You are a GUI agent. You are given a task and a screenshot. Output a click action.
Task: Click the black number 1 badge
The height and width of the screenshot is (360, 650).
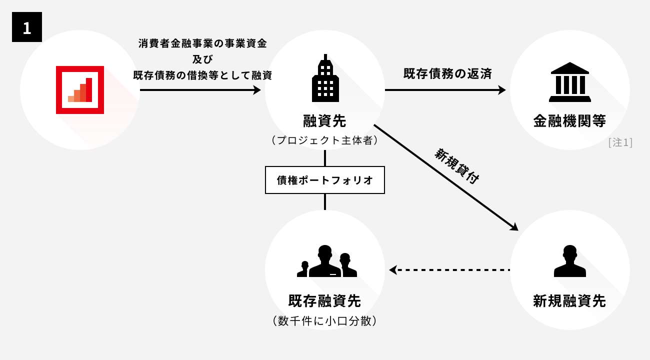click(x=27, y=27)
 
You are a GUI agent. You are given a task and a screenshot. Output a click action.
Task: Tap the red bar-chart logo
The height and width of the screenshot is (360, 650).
click(x=80, y=90)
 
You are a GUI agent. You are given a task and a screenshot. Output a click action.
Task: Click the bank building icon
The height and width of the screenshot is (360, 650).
click(x=569, y=82)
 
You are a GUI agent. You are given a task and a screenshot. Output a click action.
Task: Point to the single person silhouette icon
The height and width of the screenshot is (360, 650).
click(x=569, y=261)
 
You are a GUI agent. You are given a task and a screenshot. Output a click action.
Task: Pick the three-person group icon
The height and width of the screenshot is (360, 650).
click(x=326, y=261)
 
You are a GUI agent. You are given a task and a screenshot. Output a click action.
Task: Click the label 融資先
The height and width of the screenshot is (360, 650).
click(x=324, y=120)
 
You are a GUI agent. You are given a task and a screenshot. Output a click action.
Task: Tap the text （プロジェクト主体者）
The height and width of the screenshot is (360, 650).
click(x=324, y=140)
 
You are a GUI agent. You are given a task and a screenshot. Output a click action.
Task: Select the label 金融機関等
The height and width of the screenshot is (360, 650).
click(x=569, y=121)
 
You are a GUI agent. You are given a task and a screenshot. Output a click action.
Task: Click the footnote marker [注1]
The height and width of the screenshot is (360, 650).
click(x=620, y=142)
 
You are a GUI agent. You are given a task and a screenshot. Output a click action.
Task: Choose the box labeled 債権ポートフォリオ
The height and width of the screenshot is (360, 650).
click(x=325, y=180)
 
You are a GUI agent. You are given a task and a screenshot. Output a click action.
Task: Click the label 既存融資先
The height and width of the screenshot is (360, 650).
click(x=324, y=301)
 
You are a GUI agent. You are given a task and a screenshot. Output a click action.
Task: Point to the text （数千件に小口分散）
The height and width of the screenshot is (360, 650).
click(x=324, y=320)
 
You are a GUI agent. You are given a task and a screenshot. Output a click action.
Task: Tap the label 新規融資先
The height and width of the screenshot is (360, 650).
click(x=569, y=301)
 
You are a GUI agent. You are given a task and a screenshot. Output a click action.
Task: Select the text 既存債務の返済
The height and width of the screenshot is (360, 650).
click(x=447, y=74)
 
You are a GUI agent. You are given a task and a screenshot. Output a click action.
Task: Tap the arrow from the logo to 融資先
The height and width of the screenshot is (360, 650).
click(x=200, y=90)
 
